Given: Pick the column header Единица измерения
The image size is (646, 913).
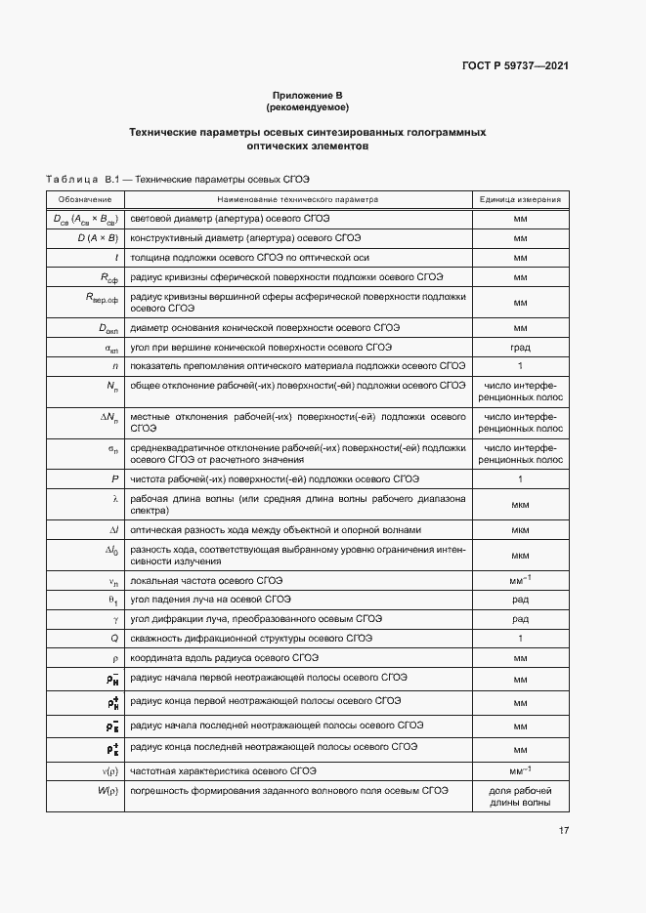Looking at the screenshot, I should [x=520, y=199].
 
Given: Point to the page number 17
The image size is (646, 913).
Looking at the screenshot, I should [x=564, y=831].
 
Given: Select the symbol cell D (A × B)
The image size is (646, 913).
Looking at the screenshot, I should [x=98, y=237].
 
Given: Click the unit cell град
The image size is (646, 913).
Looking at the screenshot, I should [x=520, y=347].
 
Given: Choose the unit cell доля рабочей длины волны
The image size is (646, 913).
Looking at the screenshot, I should [x=520, y=797].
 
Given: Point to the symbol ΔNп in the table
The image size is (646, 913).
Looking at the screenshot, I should [x=110, y=417].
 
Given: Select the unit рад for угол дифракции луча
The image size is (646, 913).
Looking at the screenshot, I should [x=520, y=618].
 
